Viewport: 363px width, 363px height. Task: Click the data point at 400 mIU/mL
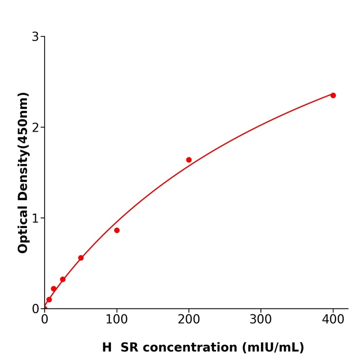point(333,95)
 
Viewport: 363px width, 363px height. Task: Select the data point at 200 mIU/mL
point(189,160)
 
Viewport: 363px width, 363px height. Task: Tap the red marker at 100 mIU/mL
point(117,230)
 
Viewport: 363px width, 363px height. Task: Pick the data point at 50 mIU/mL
point(81,258)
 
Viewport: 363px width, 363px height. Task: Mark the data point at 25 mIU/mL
point(63,280)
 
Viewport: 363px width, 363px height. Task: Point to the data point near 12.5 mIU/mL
point(53,289)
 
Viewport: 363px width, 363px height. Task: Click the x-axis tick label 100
point(117,320)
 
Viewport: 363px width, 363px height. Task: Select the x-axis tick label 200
point(189,320)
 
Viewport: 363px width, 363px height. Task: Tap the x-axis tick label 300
point(261,320)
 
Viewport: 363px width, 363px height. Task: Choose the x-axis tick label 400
point(333,320)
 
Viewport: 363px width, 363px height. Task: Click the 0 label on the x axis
point(45,320)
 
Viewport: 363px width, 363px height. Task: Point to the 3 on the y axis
point(35,37)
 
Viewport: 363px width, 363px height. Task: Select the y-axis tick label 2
point(35,128)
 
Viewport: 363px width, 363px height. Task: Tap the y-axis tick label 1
point(35,218)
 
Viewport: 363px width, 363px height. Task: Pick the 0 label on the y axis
point(35,309)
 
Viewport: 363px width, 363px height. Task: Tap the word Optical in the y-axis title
point(23,229)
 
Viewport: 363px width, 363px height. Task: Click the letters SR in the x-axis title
point(129,348)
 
